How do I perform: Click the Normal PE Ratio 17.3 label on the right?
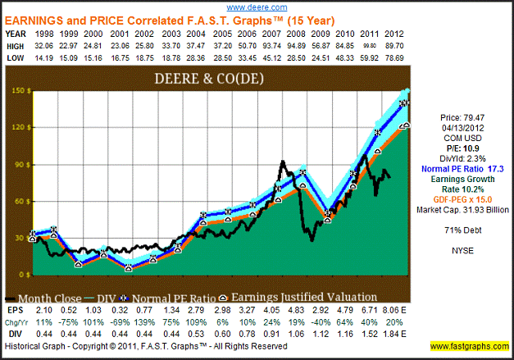click(x=462, y=167)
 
